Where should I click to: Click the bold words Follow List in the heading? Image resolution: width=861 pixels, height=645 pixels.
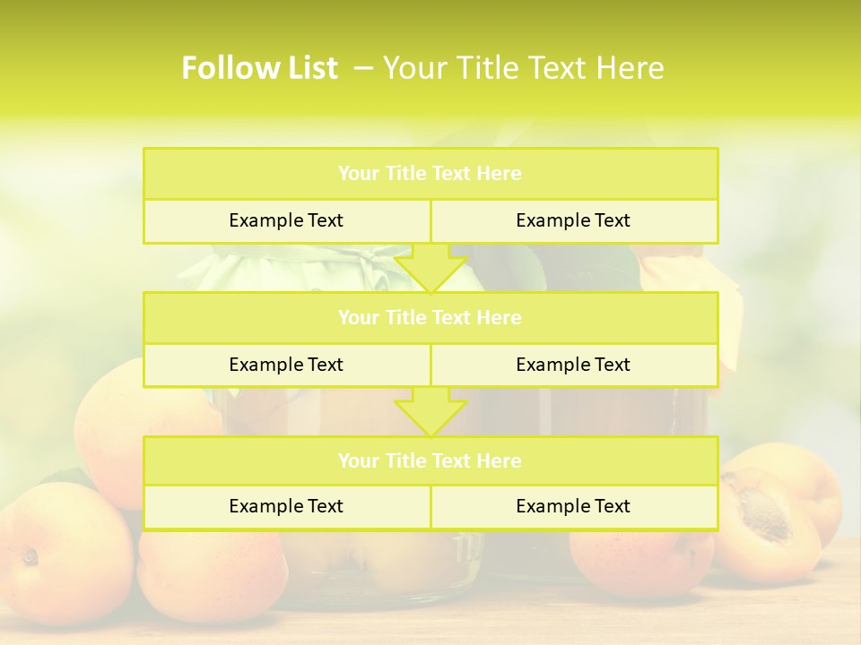[x=259, y=68]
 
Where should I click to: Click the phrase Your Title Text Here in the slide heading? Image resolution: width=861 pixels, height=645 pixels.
[x=524, y=68]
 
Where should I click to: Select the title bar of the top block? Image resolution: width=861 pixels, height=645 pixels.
[x=430, y=174]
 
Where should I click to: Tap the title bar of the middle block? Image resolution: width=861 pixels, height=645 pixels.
[x=430, y=317]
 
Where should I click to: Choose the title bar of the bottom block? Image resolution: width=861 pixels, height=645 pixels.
[x=430, y=460]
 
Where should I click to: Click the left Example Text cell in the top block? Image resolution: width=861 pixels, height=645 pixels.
[x=286, y=220]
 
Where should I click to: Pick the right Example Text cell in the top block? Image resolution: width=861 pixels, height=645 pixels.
[x=573, y=220]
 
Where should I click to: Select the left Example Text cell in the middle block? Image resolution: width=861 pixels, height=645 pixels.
[x=286, y=365]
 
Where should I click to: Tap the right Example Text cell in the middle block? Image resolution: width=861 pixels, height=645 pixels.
[x=573, y=365]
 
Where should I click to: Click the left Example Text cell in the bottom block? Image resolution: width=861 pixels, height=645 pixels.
[x=286, y=506]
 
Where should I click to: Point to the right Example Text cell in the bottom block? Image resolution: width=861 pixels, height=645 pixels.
[x=573, y=506]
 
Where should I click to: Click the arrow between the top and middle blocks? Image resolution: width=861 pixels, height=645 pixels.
[x=430, y=268]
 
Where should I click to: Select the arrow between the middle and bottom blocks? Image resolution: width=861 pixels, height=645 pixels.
[x=430, y=412]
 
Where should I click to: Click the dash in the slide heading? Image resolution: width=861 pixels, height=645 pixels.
[x=363, y=68]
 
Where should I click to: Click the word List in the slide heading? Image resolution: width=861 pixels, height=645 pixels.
[x=310, y=68]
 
